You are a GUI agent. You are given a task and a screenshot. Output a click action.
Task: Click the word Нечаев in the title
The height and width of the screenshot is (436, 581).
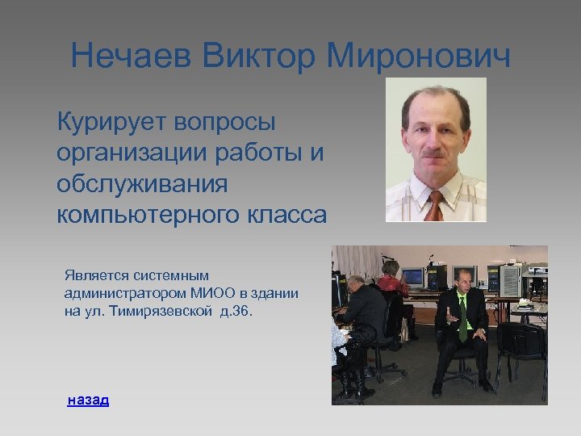pos(132,57)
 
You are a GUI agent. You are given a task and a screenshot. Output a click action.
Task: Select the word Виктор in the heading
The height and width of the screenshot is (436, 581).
pos(259,57)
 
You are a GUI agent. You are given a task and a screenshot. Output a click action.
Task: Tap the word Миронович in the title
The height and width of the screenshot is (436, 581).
pos(419,57)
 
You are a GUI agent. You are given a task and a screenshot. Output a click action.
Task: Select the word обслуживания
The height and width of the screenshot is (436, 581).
pos(142,184)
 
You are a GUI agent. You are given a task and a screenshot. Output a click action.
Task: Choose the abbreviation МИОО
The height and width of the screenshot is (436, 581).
pos(211,294)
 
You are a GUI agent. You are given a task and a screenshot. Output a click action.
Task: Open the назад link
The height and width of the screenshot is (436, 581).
pos(88,400)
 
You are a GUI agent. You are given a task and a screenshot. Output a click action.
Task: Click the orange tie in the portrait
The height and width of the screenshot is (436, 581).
pos(435,205)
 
